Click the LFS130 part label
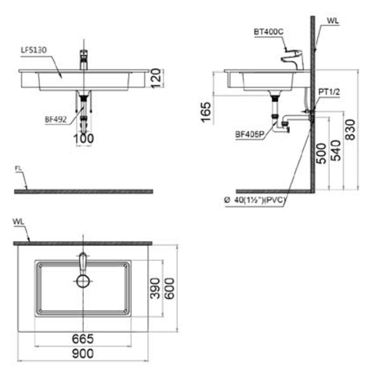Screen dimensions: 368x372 point(34,50)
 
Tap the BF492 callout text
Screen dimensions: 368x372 point(56,120)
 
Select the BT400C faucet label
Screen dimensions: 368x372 point(268,32)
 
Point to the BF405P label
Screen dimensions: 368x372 point(250,135)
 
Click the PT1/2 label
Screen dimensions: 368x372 point(329,92)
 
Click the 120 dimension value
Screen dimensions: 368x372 point(156,79)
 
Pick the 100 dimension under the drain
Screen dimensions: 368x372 point(84,138)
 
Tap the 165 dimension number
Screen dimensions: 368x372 point(205,112)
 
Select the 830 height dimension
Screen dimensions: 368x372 point(350,130)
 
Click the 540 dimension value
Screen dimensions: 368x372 point(336,150)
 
